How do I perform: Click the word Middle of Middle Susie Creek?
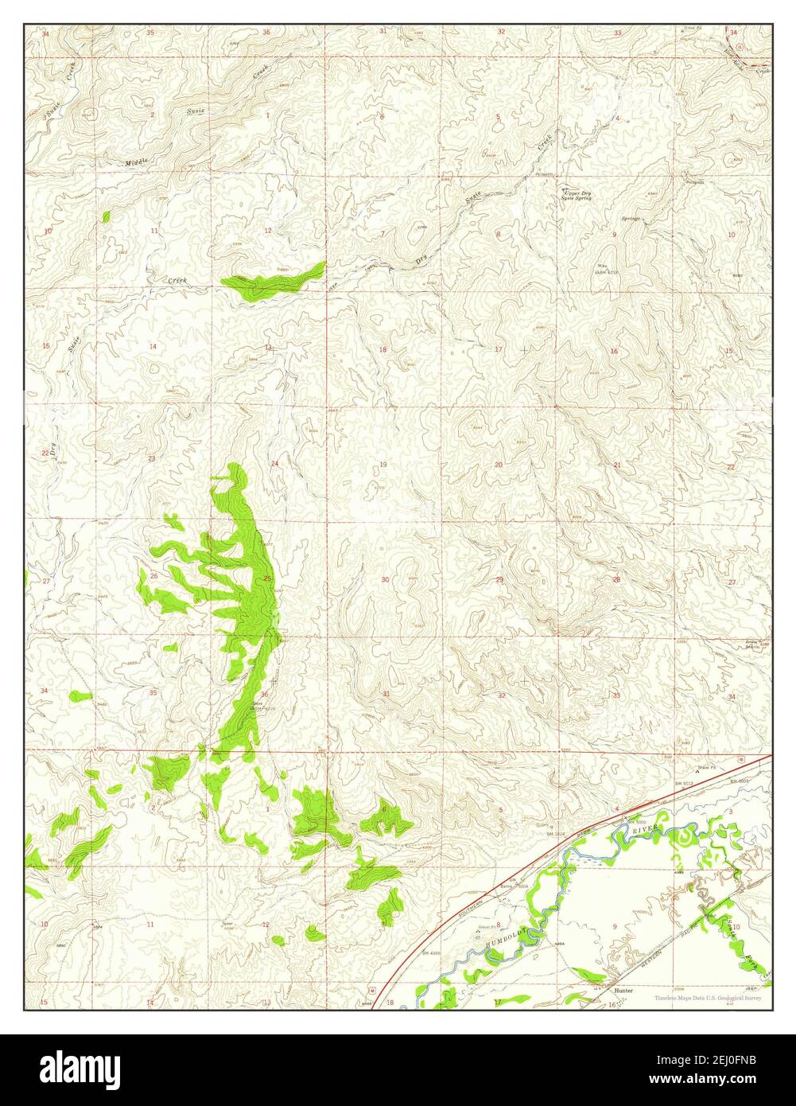pyautogui.click(x=138, y=162)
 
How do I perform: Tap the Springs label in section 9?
pyautogui.click(x=631, y=217)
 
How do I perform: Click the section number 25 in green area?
pyautogui.click(x=268, y=578)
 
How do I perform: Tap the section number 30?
pyautogui.click(x=385, y=579)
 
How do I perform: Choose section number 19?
pyautogui.click(x=382, y=464)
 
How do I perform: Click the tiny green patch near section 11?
pyautogui.click(x=106, y=216)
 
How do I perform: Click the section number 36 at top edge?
pyautogui.click(x=266, y=32)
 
